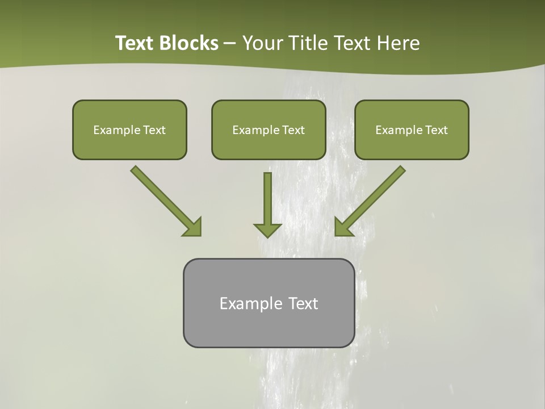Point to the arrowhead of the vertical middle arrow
(x=267, y=230)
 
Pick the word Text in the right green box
(x=437, y=130)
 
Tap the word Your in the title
(x=262, y=43)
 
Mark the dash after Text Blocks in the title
(x=230, y=44)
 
